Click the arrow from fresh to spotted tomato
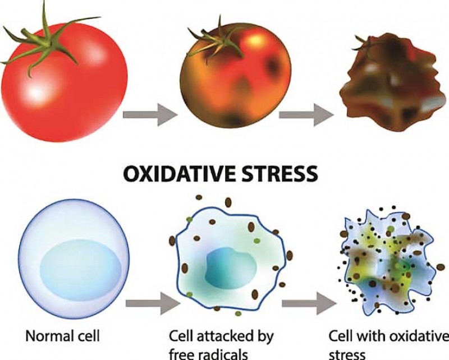coord(150,115)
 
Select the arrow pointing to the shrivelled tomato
coord(306,115)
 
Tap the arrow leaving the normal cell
coord(153,303)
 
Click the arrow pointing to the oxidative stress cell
coord(309,303)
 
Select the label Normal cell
coord(63,336)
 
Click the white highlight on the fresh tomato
coord(36,91)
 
